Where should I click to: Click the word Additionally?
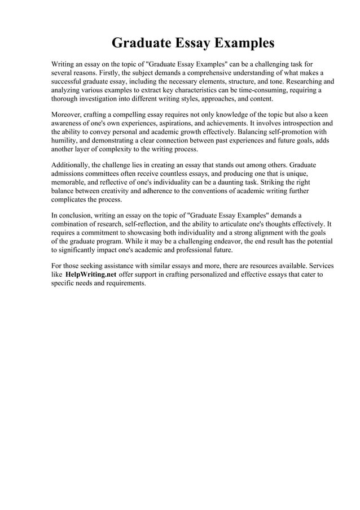72,165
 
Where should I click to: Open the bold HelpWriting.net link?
91,274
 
